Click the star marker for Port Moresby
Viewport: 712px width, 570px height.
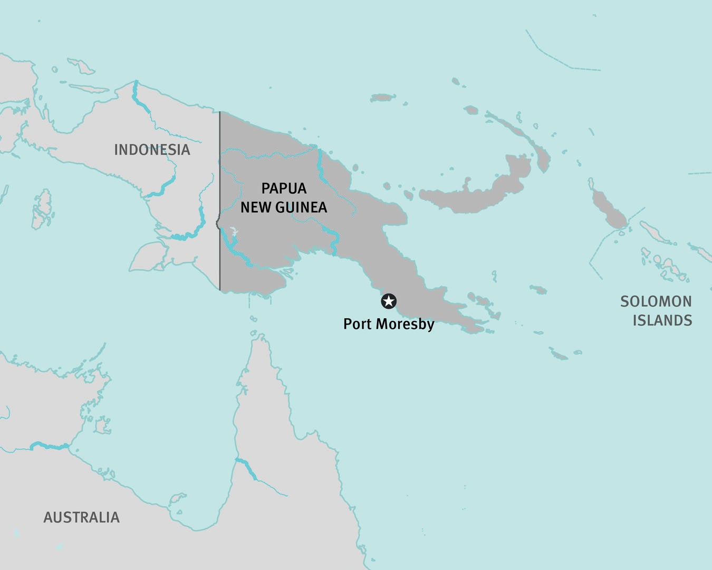click(x=389, y=301)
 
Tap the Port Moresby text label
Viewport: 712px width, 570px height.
click(x=389, y=324)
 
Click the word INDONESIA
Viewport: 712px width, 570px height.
click(x=152, y=150)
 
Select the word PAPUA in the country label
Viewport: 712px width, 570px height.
click(x=284, y=188)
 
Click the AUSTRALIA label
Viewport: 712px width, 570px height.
click(x=81, y=517)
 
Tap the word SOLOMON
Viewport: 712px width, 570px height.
click(x=656, y=301)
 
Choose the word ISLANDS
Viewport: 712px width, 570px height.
click(x=662, y=320)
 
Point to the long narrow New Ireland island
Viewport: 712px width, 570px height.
click(x=519, y=132)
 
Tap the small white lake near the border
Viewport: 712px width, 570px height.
click(x=234, y=232)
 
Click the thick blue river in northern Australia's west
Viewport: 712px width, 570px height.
click(x=50, y=446)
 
